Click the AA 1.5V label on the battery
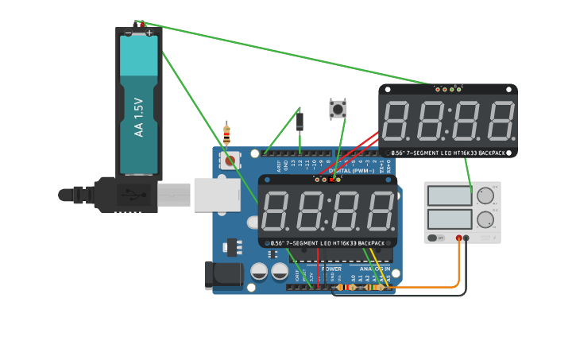click(x=139, y=118)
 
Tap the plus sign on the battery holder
click(x=149, y=33)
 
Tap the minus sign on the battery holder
click(x=128, y=33)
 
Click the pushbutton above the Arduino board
click(x=338, y=109)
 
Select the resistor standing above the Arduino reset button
click(x=226, y=134)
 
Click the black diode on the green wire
click(x=300, y=121)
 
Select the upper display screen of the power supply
click(x=449, y=195)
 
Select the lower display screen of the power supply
click(x=449, y=219)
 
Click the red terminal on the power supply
click(x=458, y=238)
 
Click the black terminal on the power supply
click(x=466, y=238)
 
